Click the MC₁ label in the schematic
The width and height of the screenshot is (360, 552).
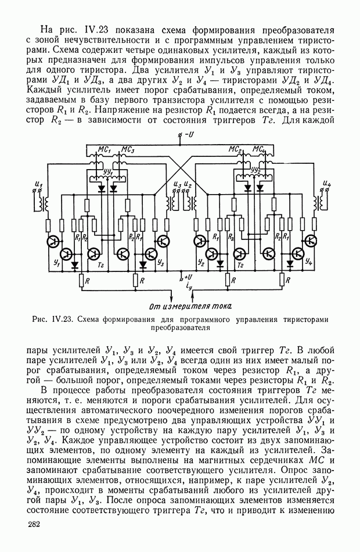coord(105,149)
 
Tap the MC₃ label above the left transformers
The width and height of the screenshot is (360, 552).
coord(129,149)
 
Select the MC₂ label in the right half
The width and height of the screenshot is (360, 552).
coord(235,149)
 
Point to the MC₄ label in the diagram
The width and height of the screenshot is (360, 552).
coord(259,149)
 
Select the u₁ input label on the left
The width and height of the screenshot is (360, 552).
coord(39,184)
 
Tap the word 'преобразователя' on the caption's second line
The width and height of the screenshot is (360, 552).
coord(180,327)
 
